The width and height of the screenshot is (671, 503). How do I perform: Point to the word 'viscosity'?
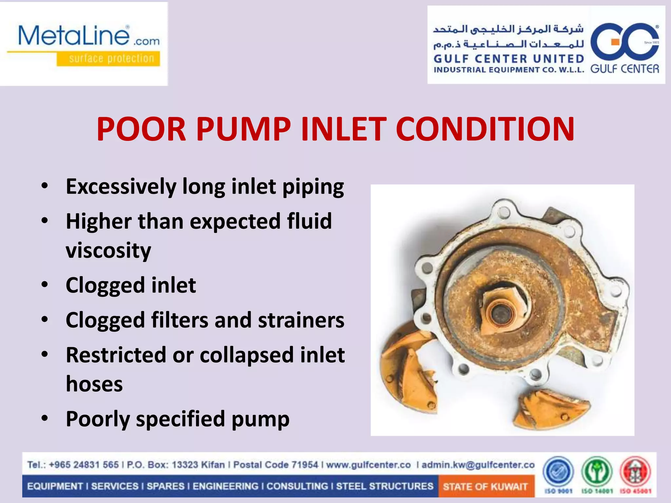(x=108, y=251)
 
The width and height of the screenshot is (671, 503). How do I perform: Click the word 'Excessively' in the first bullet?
(x=121, y=187)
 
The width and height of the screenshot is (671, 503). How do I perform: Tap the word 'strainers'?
(x=301, y=320)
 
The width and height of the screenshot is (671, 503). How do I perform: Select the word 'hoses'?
(x=94, y=384)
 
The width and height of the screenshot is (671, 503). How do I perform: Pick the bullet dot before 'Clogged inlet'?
(x=45, y=284)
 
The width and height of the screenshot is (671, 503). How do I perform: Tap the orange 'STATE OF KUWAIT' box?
(x=485, y=486)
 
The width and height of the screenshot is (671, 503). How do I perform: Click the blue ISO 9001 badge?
(x=558, y=473)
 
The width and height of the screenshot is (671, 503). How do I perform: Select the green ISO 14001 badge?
(x=597, y=473)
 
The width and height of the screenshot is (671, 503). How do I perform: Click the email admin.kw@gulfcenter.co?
(x=478, y=465)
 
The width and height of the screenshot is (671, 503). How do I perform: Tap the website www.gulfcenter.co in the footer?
(x=368, y=465)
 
